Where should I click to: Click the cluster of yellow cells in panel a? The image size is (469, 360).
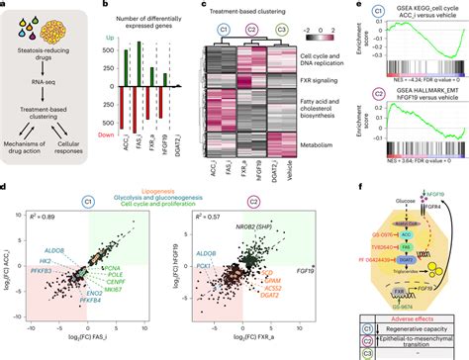pos(37,22)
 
